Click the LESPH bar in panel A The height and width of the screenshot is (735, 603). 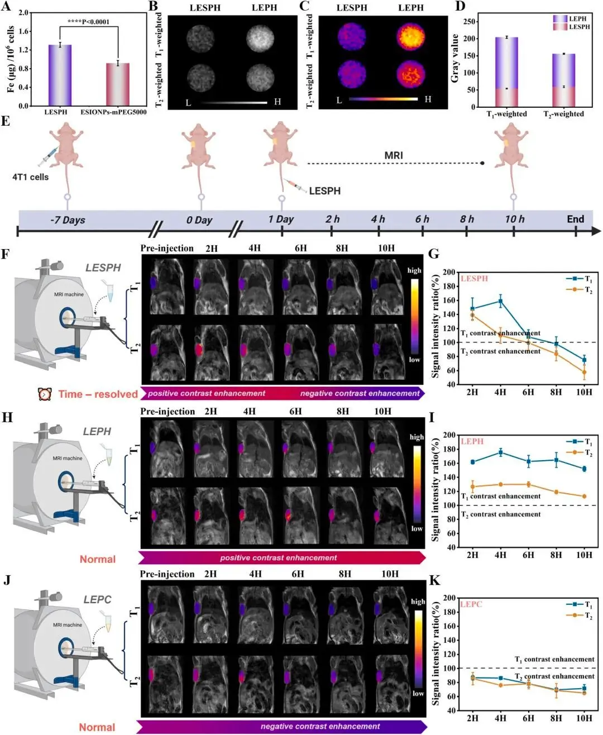(x=60, y=75)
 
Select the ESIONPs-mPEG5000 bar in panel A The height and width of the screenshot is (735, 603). (x=118, y=84)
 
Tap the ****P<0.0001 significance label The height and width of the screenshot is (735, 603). (x=88, y=22)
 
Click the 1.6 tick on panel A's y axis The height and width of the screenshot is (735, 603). (x=24, y=32)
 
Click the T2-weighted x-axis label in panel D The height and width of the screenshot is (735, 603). (x=563, y=114)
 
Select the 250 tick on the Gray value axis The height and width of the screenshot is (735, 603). (x=470, y=22)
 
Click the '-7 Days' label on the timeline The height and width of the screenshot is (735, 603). (x=68, y=220)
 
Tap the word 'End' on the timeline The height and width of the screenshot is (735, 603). (x=575, y=219)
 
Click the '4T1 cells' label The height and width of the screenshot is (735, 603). (x=31, y=177)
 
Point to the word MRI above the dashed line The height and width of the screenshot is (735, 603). (x=394, y=155)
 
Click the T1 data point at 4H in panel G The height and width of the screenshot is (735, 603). (x=500, y=302)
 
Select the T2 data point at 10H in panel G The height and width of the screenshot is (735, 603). (x=584, y=372)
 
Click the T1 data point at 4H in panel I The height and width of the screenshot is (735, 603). (x=500, y=452)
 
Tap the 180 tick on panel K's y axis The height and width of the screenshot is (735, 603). (x=449, y=612)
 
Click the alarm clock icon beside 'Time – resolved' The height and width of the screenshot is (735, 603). (x=45, y=394)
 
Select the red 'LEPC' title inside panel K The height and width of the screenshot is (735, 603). (x=471, y=604)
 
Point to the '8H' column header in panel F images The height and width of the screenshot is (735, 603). (x=342, y=249)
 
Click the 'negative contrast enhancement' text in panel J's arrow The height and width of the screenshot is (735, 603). (x=320, y=727)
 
